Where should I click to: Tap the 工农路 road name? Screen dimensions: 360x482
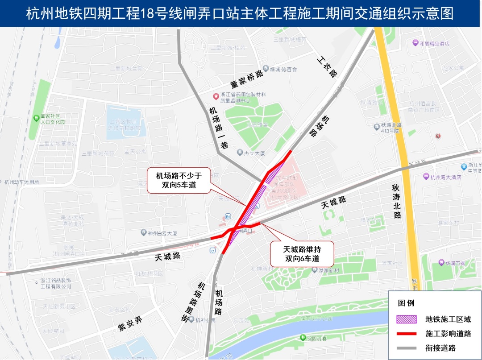(x=328, y=66)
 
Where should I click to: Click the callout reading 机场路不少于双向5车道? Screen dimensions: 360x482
(x=179, y=180)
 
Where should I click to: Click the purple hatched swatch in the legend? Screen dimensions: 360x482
(x=407, y=319)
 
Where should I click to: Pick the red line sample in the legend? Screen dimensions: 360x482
(x=407, y=333)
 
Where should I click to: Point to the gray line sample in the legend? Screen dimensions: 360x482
(x=407, y=348)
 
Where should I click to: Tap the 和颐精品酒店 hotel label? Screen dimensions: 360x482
(x=431, y=44)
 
